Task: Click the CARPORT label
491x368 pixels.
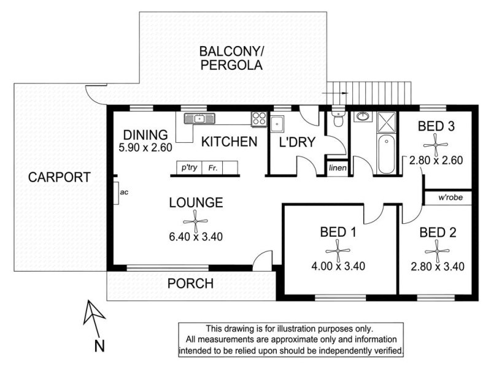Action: point(59,177)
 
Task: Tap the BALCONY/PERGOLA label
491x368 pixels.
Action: point(231,58)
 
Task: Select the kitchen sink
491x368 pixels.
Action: point(199,118)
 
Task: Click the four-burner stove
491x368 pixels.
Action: point(259,119)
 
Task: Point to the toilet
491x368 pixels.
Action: point(338,118)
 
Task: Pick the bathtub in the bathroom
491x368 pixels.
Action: point(387,154)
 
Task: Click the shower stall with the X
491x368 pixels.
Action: point(387,122)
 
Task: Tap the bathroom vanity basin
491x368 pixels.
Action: point(363,117)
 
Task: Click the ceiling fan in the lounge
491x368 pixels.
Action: point(195,221)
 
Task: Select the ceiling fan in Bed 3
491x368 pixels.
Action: point(435,145)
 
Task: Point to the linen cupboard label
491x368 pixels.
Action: point(338,168)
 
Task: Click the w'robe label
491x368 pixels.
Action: point(450,197)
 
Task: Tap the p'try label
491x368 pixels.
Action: point(189,167)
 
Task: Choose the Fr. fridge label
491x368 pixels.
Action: point(213,168)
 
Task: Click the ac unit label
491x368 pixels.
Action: point(124,192)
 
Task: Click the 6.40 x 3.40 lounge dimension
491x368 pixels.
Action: point(196,237)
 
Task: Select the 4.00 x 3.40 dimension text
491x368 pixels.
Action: point(338,266)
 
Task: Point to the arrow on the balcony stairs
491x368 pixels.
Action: point(335,93)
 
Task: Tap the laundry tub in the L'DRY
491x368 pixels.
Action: point(278,125)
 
